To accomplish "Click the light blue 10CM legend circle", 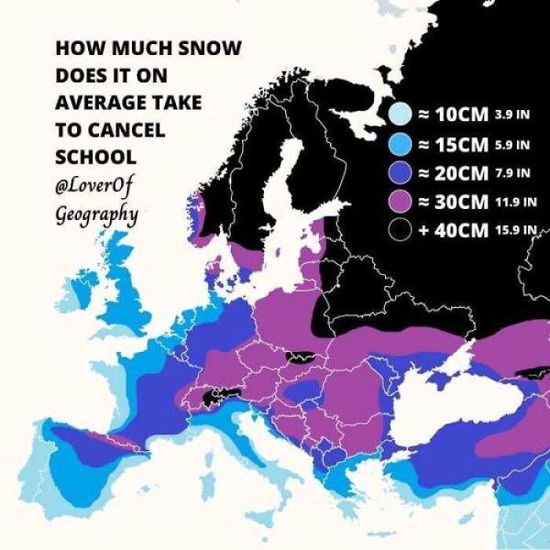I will (399, 115).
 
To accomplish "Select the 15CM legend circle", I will (399, 144).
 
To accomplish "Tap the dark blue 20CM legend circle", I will (399, 172).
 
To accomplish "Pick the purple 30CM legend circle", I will (399, 201).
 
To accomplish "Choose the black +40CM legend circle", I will (399, 230).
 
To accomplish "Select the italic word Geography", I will (96, 214).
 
